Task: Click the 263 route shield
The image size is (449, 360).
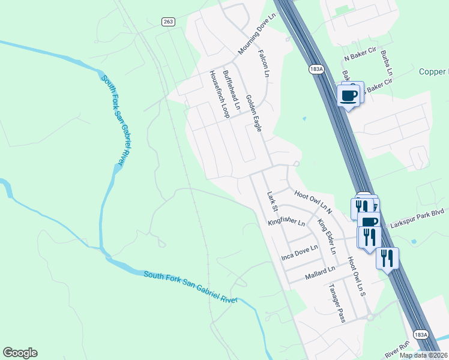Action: click(x=169, y=22)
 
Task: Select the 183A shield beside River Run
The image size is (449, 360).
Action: click(x=421, y=334)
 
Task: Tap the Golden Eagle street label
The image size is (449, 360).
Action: click(x=255, y=114)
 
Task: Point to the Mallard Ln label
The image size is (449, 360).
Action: click(x=319, y=271)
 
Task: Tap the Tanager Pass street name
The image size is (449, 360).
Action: click(x=335, y=303)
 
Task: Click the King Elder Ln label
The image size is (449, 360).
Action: click(x=327, y=235)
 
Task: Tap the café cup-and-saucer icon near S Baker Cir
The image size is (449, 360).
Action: click(x=349, y=94)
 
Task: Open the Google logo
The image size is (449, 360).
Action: click(x=20, y=353)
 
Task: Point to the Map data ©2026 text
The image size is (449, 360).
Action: click(x=423, y=355)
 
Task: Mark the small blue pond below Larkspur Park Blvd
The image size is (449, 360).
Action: click(x=414, y=242)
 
